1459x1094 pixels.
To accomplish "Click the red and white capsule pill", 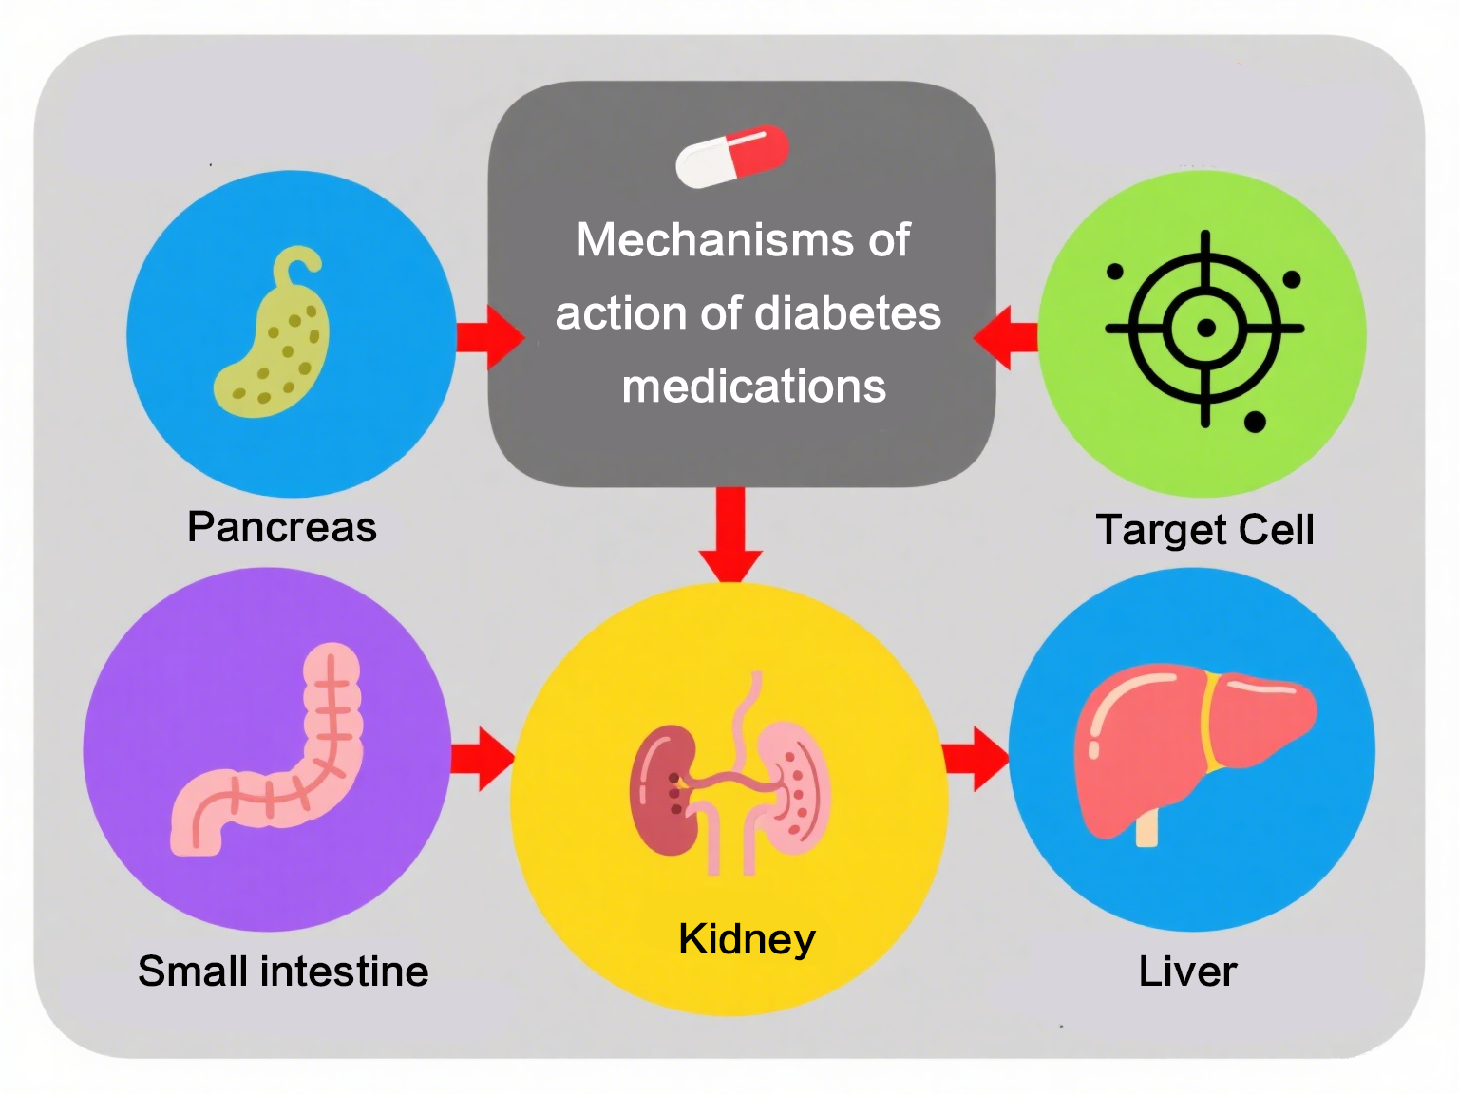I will pyautogui.click(x=731, y=157).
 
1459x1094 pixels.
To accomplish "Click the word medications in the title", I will pyautogui.click(x=753, y=387).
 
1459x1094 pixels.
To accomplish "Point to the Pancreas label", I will pyautogui.click(x=282, y=527).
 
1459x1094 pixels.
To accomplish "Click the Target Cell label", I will pyautogui.click(x=1204, y=530).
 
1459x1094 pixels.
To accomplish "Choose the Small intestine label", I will pyautogui.click(x=283, y=971).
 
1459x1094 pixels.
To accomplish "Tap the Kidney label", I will pyautogui.click(x=747, y=939).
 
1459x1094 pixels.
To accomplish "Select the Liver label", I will pyautogui.click(x=1187, y=971).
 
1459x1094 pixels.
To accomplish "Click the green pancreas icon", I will pyautogui.click(x=275, y=342).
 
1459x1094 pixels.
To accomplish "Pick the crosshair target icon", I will pyautogui.click(x=1204, y=329).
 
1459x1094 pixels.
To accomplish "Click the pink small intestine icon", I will pyautogui.click(x=275, y=760).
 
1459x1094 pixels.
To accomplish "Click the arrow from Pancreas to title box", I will pyautogui.click(x=489, y=336).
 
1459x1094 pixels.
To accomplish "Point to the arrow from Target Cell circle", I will pyautogui.click(x=1007, y=336).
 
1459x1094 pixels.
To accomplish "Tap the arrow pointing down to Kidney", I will pyautogui.click(x=730, y=537).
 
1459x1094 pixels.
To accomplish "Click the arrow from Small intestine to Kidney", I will pyautogui.click(x=483, y=759).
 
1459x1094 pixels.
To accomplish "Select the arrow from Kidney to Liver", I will pyautogui.click(x=976, y=759).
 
